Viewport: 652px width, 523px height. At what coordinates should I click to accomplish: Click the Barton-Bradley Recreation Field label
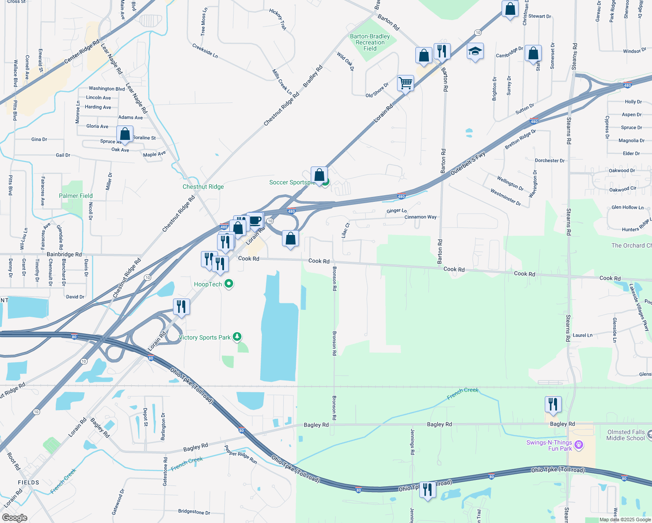(x=370, y=43)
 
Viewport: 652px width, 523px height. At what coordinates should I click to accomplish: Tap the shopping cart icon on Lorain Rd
(x=405, y=83)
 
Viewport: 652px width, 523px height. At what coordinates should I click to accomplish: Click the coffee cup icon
(x=255, y=220)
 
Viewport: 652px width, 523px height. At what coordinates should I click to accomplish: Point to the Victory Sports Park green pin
(x=237, y=336)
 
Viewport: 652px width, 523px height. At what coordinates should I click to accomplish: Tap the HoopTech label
(x=208, y=285)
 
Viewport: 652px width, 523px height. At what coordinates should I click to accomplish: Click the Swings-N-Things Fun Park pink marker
(x=579, y=445)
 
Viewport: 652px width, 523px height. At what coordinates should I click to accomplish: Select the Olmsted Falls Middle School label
(x=625, y=435)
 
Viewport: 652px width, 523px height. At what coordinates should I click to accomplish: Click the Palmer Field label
(x=76, y=196)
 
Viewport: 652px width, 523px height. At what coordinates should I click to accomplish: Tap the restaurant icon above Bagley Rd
(x=553, y=404)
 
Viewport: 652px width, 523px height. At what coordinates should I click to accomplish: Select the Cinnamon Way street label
(x=420, y=217)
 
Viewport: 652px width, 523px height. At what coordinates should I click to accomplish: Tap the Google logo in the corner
(x=15, y=518)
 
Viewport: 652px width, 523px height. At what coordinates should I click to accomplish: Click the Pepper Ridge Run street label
(x=241, y=455)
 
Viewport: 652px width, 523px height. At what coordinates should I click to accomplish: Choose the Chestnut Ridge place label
(x=203, y=187)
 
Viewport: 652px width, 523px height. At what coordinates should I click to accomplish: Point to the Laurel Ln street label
(x=582, y=336)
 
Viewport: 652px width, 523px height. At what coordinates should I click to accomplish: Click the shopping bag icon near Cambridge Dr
(x=533, y=54)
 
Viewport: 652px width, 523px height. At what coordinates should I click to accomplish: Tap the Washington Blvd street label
(x=107, y=89)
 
